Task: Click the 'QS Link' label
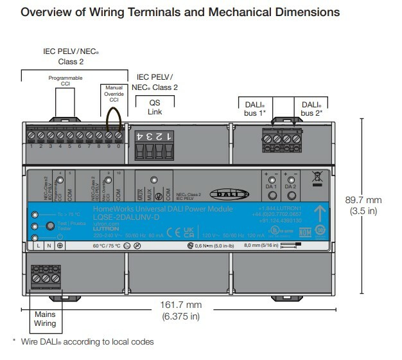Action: point(155,107)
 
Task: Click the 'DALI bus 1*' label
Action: point(255,108)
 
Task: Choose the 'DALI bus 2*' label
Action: point(311,108)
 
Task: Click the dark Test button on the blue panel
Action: point(49,226)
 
